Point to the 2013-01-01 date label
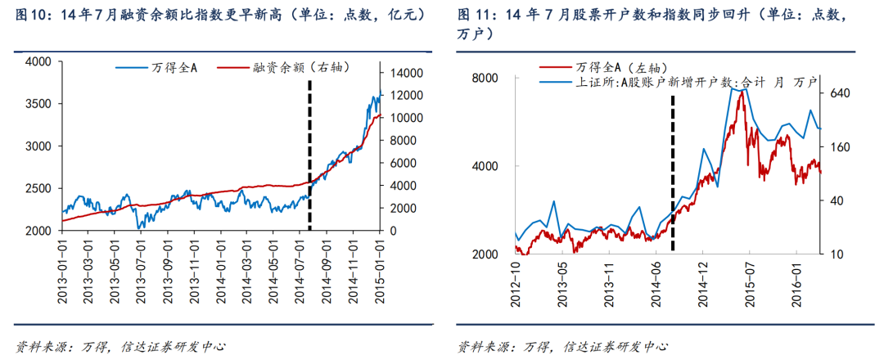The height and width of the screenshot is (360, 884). pos(64,271)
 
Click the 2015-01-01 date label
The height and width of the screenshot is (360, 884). pos(380,271)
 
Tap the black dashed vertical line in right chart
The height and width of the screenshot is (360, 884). pos(673,172)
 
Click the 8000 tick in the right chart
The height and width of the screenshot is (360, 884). pos(488,78)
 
